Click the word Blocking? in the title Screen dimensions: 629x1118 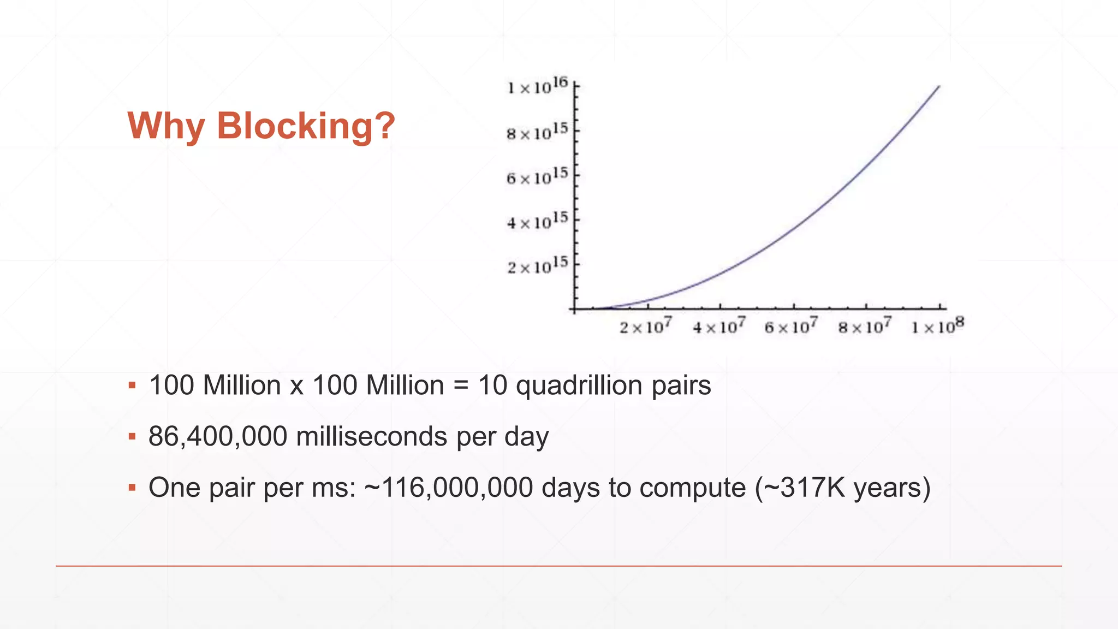[306, 127]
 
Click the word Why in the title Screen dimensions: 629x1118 [166, 127]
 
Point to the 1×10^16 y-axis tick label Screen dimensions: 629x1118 [538, 86]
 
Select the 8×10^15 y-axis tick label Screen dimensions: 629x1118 [537, 132]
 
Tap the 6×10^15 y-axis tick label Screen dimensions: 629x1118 [537, 177]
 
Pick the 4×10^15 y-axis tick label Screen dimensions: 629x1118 [537, 222]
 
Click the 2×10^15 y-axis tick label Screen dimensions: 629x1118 [537, 266]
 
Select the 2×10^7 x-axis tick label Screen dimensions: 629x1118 [645, 327]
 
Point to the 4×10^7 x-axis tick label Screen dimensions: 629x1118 [718, 327]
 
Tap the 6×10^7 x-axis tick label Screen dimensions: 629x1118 [791, 327]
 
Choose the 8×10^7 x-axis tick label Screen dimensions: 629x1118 [865, 327]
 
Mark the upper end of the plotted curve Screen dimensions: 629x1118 [939, 86]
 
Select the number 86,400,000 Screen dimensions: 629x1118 [218, 437]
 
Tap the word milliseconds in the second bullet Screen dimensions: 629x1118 [372, 437]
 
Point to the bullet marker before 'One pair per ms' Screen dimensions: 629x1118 [132, 488]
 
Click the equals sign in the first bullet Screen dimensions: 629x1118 [461, 386]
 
